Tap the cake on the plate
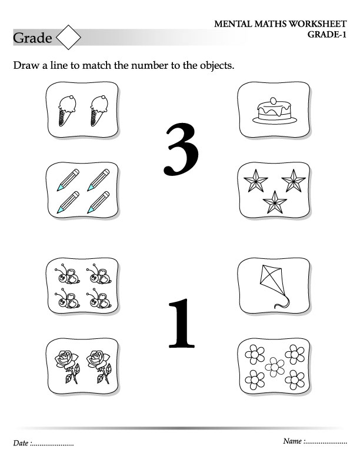click(x=275, y=111)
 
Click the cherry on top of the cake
click(x=273, y=101)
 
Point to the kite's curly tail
click(x=282, y=302)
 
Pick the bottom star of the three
click(x=275, y=202)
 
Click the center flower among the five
click(x=275, y=367)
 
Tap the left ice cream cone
click(x=67, y=111)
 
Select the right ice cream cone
click(x=99, y=111)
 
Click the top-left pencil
click(x=68, y=180)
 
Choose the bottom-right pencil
click(x=98, y=202)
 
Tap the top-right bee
click(x=99, y=274)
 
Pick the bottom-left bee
click(x=67, y=298)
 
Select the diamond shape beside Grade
click(x=68, y=37)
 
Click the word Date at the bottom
click(x=21, y=443)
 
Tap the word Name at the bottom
click(x=292, y=441)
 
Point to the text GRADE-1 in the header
click(x=326, y=35)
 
